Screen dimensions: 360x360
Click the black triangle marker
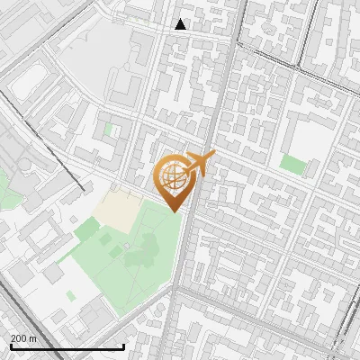[181, 24]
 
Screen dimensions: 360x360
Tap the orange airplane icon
[200, 164]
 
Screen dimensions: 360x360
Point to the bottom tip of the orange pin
[173, 211]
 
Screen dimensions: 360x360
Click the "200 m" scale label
[23, 337]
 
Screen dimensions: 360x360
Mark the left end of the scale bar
[10, 346]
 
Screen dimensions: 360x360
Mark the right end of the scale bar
[123, 346]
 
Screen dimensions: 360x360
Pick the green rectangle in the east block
[292, 164]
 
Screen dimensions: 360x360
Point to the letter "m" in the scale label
[33, 337]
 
